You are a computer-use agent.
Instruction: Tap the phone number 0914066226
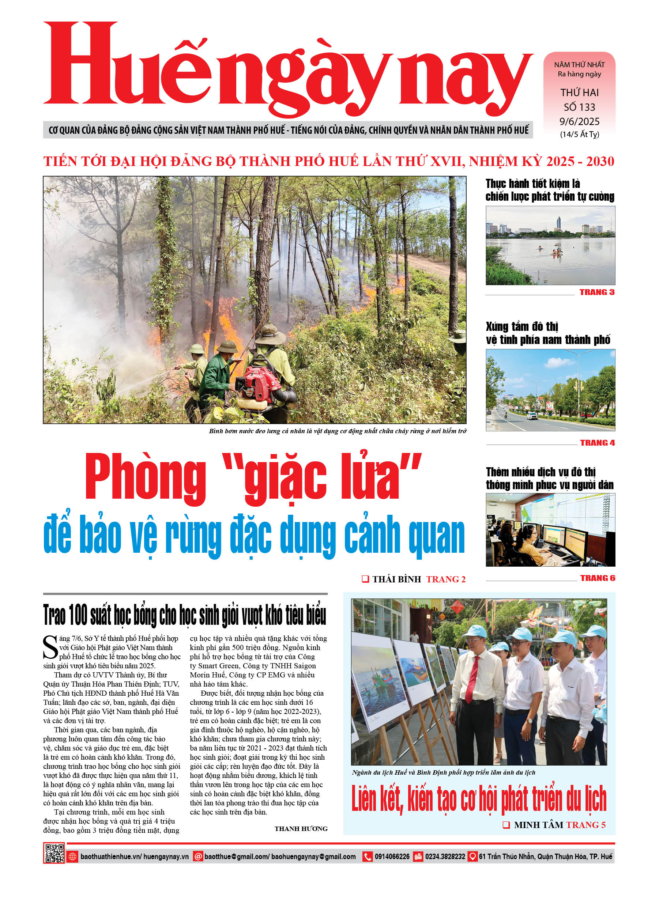tap(392, 857)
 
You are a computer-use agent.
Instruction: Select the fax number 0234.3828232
tap(445, 857)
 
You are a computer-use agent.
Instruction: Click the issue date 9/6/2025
tap(579, 122)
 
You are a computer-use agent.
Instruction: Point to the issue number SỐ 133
tap(579, 107)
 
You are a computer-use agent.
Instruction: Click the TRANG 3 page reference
tap(596, 292)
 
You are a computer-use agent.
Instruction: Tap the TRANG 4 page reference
tap(597, 443)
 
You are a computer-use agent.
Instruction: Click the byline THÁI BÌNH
tap(396, 579)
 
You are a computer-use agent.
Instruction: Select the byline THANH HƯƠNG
tap(301, 829)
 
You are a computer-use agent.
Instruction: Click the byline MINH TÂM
tap(538, 825)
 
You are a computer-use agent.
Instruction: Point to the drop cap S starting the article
tap(50, 647)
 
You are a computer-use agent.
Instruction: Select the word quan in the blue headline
tap(436, 535)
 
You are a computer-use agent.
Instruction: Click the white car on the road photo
tap(532, 416)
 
